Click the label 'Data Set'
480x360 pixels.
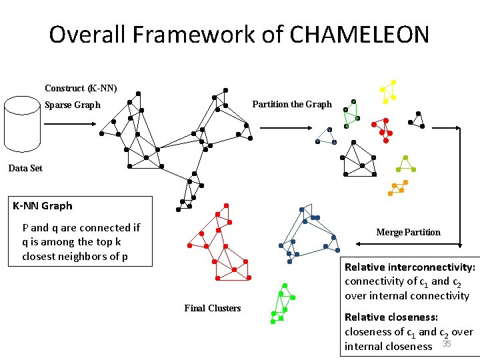pos(25,168)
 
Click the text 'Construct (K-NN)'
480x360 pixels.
pos(81,88)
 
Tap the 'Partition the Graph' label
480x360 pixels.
pos(291,104)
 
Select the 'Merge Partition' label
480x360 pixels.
pos(408,232)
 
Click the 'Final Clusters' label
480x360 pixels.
pos(212,307)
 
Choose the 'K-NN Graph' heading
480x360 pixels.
pos(43,206)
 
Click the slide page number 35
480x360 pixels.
pos(447,344)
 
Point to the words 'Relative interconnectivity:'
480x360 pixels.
pos(409,267)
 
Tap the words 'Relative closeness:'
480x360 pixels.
pos(391,317)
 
